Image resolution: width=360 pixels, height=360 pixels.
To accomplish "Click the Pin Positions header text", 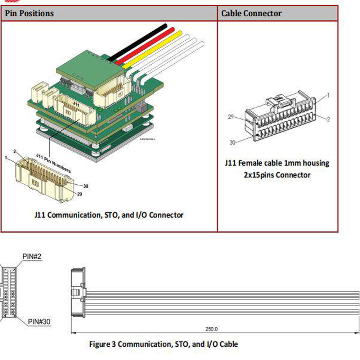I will click(29, 13).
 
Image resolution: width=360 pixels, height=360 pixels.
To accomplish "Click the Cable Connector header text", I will click(251, 13).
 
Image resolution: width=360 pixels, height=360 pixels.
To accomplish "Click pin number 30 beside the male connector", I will click(85, 186).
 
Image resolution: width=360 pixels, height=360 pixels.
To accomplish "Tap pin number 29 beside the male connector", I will click(80, 194).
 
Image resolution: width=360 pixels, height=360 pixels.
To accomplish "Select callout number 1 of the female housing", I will click(328, 96).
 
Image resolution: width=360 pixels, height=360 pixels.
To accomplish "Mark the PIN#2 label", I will click(32, 256).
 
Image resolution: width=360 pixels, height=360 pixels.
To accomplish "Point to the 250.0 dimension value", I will click(211, 329).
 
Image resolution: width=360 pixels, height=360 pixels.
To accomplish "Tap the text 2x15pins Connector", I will click(277, 175).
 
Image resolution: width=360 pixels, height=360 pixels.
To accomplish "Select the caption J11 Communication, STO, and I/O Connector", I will click(109, 215).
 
